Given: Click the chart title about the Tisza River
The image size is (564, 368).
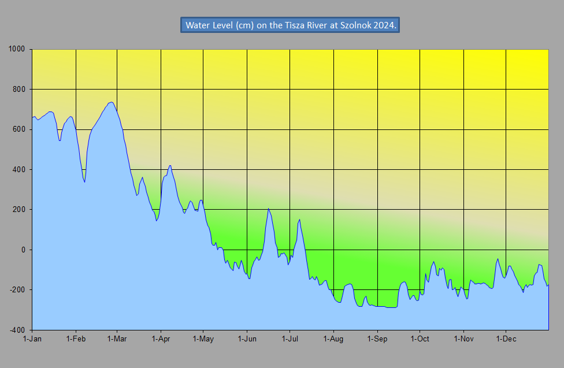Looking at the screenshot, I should point(290,25).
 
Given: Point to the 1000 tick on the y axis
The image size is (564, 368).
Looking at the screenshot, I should point(18,49).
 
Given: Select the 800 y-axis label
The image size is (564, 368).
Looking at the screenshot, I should point(21,89).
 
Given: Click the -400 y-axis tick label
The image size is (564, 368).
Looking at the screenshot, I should point(19,329).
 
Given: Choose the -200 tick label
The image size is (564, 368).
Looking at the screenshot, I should point(19,289).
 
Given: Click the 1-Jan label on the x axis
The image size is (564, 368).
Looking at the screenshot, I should point(32,339).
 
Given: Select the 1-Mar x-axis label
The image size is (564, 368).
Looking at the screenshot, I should point(117,339).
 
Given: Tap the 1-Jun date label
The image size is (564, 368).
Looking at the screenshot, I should point(247,339).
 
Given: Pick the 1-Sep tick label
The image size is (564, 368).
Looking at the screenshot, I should point(377,339).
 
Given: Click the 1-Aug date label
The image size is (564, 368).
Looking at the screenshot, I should point(333,339).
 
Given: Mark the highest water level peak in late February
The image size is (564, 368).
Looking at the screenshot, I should point(111,102).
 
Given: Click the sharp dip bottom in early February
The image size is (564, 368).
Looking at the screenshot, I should point(84,182).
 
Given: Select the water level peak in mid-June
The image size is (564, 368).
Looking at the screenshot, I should point(269,209).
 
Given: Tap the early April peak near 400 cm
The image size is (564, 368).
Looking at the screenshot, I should point(170,165).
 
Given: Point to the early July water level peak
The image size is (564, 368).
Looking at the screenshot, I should point(299,220).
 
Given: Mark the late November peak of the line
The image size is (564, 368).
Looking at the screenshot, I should point(498,259).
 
